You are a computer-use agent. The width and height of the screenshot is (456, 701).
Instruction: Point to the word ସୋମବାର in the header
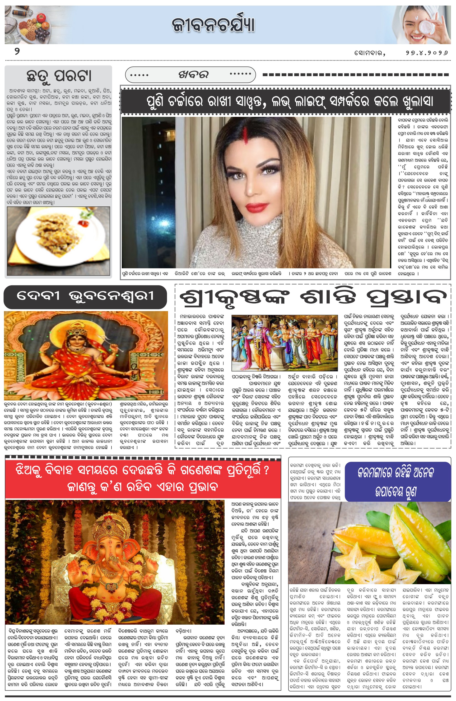(x=369, y=53)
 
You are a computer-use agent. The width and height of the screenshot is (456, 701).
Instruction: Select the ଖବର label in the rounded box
(x=193, y=75)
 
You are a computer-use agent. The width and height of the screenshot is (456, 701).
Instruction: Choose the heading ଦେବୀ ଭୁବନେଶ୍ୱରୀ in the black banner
(x=85, y=296)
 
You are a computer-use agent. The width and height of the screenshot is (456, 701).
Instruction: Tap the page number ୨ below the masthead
(x=17, y=52)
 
